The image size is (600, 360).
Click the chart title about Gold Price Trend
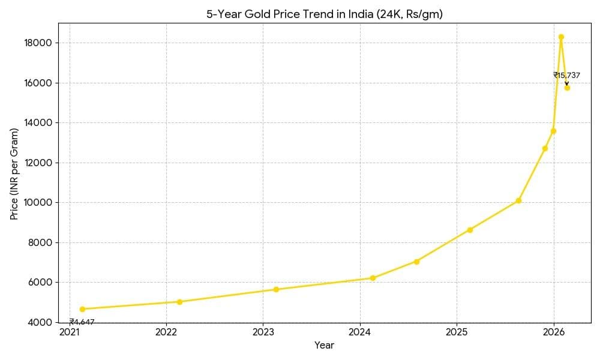pos(325,14)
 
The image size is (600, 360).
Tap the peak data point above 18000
pos(561,37)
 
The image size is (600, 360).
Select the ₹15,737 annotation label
pos(566,75)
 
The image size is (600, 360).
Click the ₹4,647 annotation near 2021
pos(82,322)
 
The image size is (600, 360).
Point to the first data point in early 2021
pos(82,309)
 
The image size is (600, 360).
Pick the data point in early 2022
pos(179,302)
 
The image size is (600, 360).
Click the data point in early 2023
pos(276,289)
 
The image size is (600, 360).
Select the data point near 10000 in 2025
pos(518,200)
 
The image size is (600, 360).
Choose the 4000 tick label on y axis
pos(40,322)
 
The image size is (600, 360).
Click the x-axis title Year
pos(324,345)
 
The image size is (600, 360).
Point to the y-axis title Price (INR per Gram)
pos(14,173)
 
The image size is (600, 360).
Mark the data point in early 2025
pos(470,230)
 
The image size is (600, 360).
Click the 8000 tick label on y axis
pos(40,242)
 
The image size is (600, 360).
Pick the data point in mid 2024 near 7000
pos(416,262)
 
